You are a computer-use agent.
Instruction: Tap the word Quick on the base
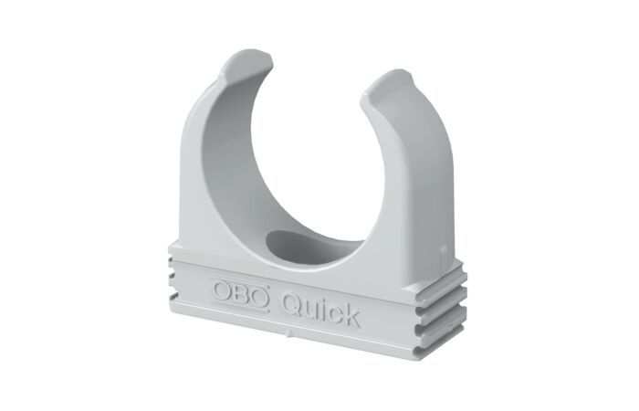click(x=320, y=306)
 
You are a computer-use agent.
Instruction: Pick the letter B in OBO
click(x=240, y=293)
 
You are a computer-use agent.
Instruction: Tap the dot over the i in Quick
click(x=326, y=298)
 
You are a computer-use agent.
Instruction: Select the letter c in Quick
click(x=336, y=312)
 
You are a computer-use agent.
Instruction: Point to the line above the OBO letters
click(x=241, y=280)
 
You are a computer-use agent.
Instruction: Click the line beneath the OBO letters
click(x=239, y=307)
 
